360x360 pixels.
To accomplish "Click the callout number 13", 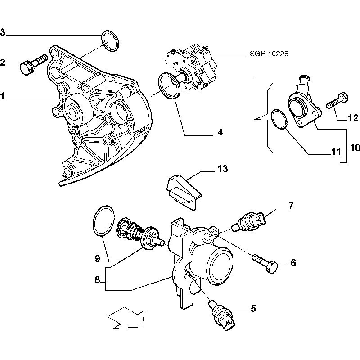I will pyautogui.click(x=222, y=169).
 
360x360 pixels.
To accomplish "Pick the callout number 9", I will pyautogui.click(x=97, y=258).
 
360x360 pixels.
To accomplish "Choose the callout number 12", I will pyautogui.click(x=353, y=118).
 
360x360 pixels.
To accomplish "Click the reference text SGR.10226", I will pyautogui.click(x=269, y=54).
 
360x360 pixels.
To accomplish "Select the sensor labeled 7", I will pyautogui.click(x=251, y=220).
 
